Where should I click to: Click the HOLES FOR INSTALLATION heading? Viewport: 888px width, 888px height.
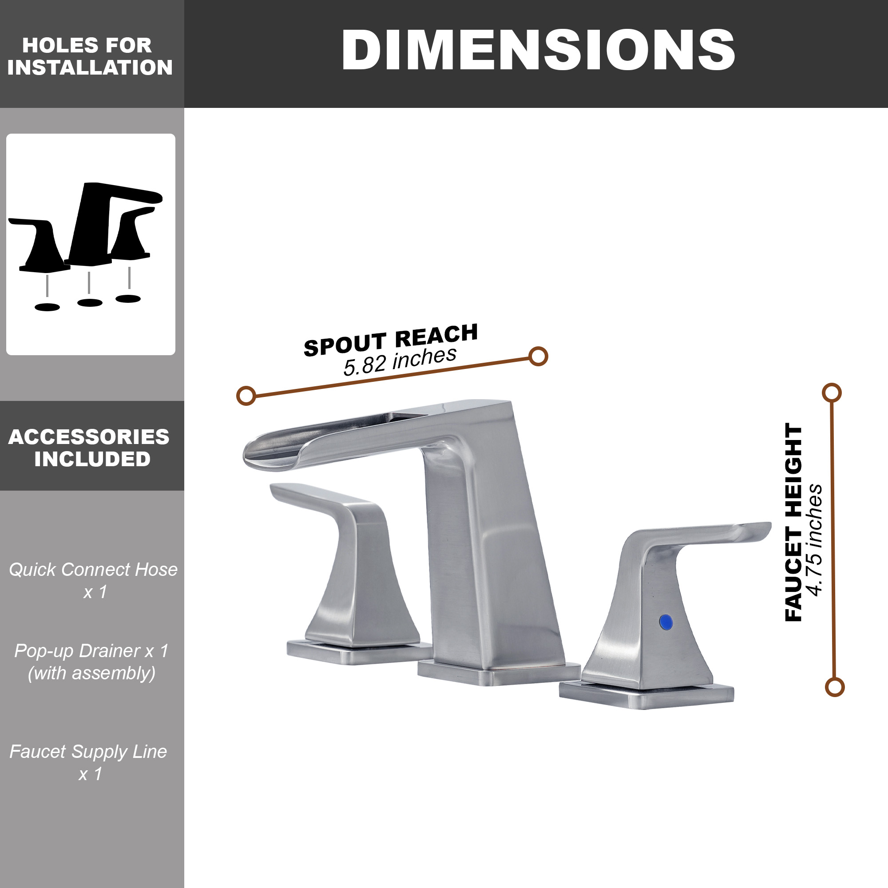click(90, 56)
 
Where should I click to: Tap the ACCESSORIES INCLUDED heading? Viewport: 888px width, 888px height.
click(90, 448)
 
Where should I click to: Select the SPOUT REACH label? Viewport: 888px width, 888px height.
click(391, 340)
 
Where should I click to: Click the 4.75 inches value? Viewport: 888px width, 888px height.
click(815, 539)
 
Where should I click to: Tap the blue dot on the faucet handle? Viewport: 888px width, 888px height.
click(666, 622)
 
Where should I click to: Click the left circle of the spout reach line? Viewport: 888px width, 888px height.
click(246, 396)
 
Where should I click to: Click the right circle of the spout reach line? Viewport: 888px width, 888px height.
click(538, 356)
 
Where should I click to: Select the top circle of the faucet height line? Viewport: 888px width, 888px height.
click(832, 393)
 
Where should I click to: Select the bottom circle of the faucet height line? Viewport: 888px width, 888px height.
click(835, 687)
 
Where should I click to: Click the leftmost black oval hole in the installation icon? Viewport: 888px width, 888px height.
click(48, 307)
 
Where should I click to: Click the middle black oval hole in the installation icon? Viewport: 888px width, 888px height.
click(90, 302)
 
